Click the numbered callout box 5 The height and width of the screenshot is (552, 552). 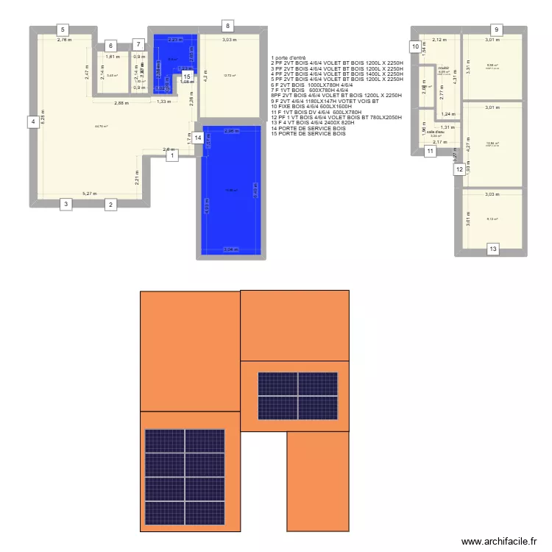(x=64, y=30)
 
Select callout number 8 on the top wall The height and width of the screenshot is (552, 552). (x=228, y=26)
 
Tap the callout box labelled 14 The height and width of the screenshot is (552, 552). (x=197, y=138)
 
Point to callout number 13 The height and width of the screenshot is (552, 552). (x=492, y=250)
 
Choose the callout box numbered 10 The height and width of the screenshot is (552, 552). (x=415, y=47)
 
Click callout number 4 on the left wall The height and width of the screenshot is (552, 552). (x=32, y=122)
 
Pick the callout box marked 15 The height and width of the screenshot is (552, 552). (x=188, y=76)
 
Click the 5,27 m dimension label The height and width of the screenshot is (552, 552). (x=90, y=194)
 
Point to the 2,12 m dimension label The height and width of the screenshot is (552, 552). (x=439, y=40)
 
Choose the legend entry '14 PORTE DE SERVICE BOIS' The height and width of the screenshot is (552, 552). (x=308, y=128)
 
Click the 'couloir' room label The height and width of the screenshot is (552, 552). (x=443, y=68)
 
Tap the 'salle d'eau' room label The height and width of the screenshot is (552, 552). (x=436, y=132)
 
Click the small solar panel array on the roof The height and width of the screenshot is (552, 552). (x=297, y=395)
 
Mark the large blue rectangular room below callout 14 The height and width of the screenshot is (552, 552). (x=231, y=191)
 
